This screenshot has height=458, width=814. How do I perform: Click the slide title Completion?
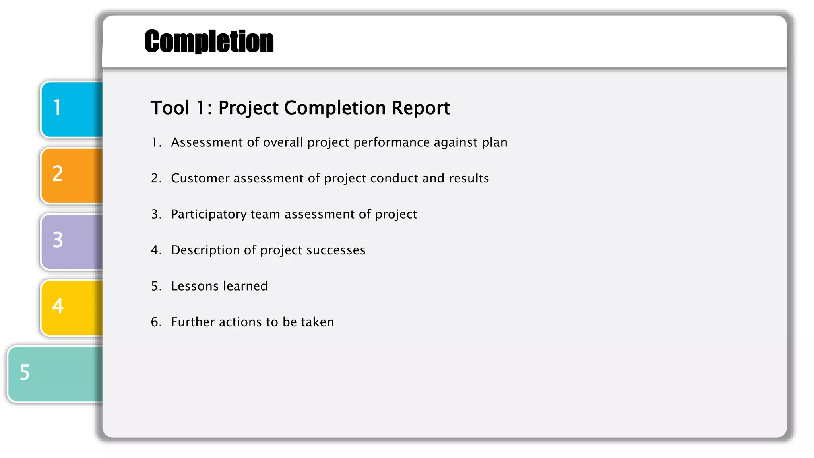(209, 41)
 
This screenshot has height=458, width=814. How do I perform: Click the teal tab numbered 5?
(55, 373)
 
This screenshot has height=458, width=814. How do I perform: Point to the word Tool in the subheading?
(170, 108)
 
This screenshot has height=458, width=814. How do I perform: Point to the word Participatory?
(209, 214)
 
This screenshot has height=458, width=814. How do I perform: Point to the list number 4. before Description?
(156, 250)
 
